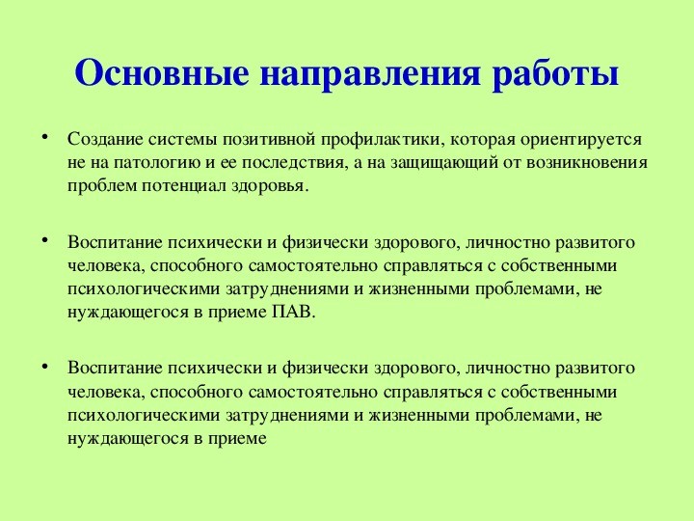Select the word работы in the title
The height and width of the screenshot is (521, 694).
pyautogui.click(x=555, y=73)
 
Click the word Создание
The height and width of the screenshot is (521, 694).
pyautogui.click(x=105, y=139)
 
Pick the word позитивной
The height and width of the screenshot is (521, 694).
pyautogui.click(x=269, y=140)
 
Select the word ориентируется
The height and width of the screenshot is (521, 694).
pyautogui.click(x=580, y=140)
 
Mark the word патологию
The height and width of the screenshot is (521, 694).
pyautogui.click(x=157, y=163)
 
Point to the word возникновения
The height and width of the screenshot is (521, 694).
pyautogui.click(x=587, y=163)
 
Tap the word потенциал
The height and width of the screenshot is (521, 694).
pyautogui.click(x=185, y=186)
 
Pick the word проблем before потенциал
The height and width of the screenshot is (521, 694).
pyautogui.click(x=102, y=186)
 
